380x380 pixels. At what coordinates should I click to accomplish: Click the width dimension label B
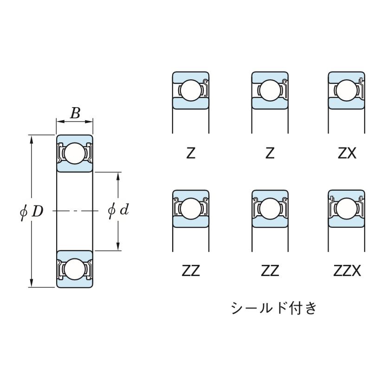click(75, 113)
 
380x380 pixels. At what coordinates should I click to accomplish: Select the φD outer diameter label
click(32, 211)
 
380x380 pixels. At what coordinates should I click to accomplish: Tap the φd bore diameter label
click(118, 211)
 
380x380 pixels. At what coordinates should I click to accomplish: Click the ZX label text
click(347, 153)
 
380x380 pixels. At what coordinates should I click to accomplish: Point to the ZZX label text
click(347, 271)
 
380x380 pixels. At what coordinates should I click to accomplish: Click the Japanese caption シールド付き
click(274, 308)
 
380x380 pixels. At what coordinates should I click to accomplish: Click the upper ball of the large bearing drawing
click(74, 154)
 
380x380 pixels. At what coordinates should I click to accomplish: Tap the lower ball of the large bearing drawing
click(74, 269)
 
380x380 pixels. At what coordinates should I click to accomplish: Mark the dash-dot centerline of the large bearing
click(74, 211)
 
